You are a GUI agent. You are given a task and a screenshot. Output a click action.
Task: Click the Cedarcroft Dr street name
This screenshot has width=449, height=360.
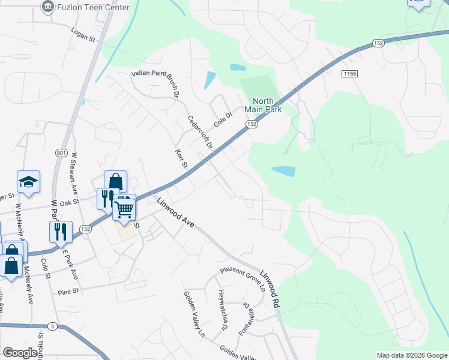200,133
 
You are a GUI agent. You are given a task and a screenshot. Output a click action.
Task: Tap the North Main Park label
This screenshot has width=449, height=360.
263,105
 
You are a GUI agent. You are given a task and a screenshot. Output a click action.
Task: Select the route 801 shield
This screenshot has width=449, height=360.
61,153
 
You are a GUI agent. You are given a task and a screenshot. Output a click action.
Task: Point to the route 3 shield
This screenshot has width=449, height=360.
53,326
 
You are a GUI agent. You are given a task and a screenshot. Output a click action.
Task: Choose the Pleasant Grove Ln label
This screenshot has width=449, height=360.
243,279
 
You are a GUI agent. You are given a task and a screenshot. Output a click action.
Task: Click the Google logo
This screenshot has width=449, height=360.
20,353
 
